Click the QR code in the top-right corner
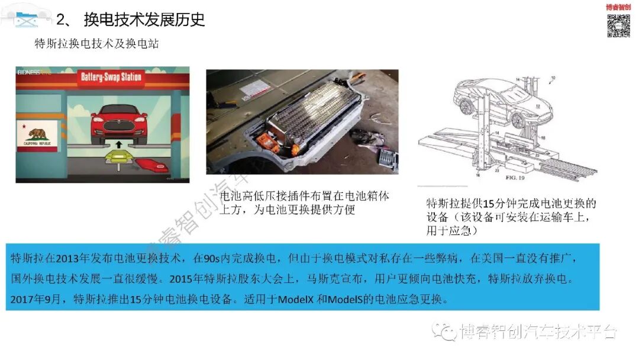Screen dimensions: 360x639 [618, 25]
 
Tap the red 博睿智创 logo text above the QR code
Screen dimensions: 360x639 [618, 7]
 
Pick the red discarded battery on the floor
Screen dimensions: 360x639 [151, 166]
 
